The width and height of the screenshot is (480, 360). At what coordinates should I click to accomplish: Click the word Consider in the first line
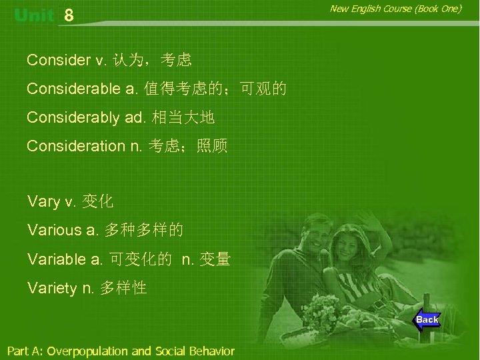pyautogui.click(x=59, y=61)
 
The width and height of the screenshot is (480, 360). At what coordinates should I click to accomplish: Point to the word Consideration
pyautogui.click(x=76, y=146)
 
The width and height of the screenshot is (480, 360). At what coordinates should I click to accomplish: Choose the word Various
pyautogui.click(x=55, y=231)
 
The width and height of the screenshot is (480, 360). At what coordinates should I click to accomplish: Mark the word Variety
pyautogui.click(x=52, y=288)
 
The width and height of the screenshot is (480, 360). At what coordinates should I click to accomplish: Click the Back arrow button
pyautogui.click(x=426, y=320)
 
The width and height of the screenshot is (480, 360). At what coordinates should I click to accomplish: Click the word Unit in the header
pyautogui.click(x=33, y=15)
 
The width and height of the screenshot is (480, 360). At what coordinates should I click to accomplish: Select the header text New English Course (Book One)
pyautogui.click(x=395, y=9)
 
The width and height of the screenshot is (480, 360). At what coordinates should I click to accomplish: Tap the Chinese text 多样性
pyautogui.click(x=123, y=288)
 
